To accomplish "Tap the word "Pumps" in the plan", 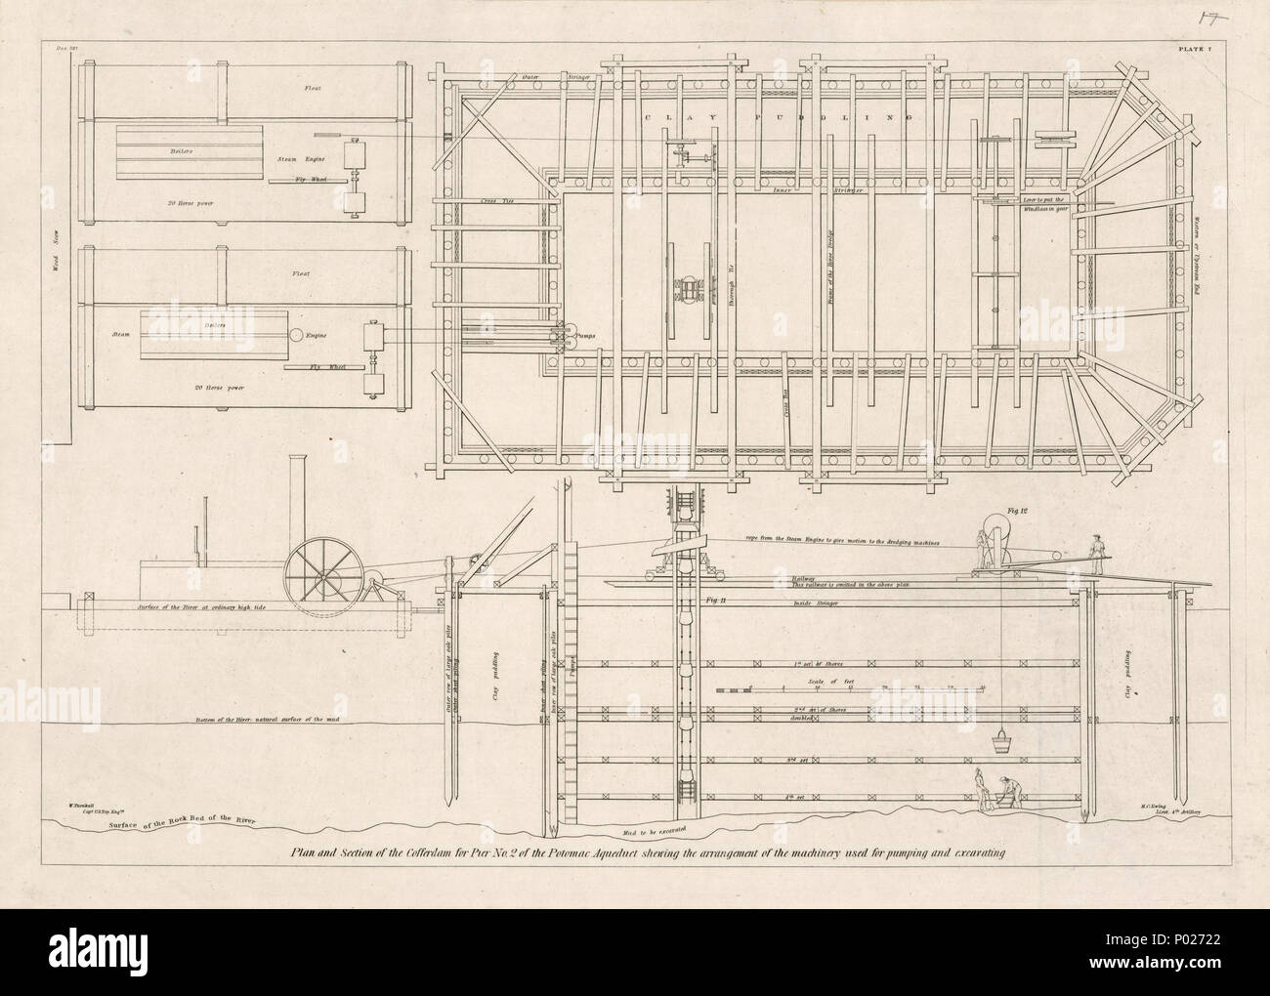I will coord(586,335).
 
